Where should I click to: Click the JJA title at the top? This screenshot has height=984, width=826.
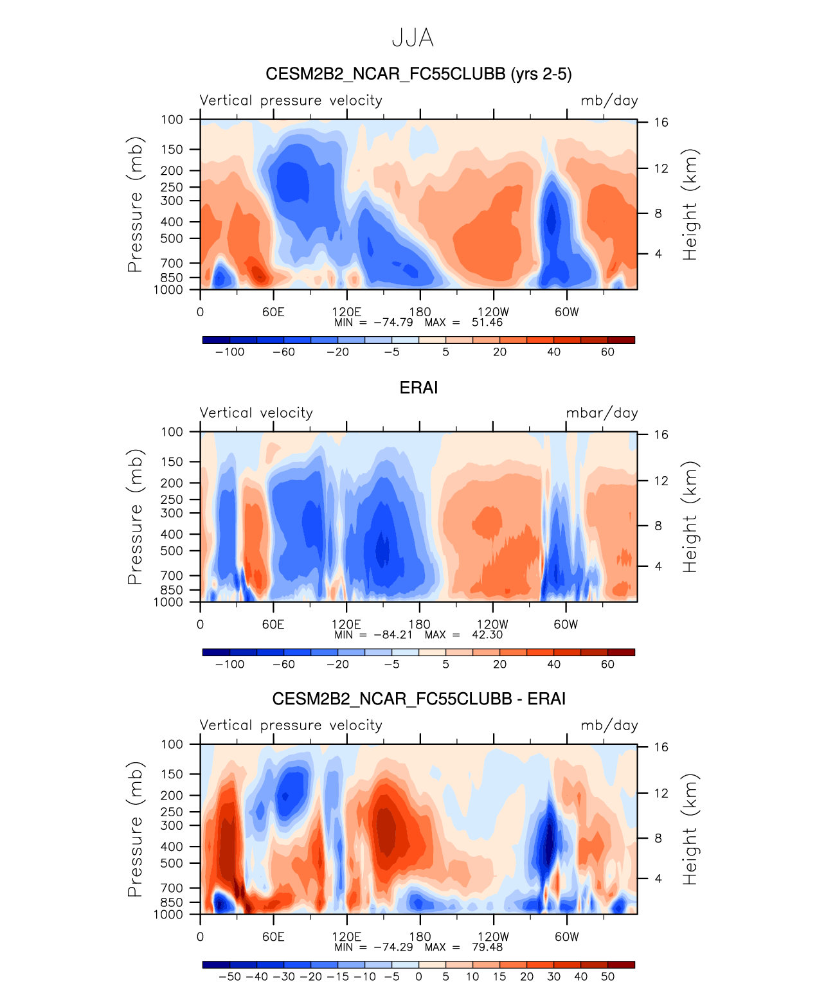pos(413,39)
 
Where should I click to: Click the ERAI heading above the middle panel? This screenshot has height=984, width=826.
pos(418,388)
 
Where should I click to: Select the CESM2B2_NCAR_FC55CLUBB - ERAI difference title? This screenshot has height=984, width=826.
pos(418,699)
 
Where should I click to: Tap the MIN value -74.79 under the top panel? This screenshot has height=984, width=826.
pos(393,323)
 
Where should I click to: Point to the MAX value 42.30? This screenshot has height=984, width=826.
pos(487,635)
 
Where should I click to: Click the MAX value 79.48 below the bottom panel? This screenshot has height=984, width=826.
pos(487,947)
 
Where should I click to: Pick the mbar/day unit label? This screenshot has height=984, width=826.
pos(602,413)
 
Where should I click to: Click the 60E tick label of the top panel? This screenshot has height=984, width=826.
pos(273,312)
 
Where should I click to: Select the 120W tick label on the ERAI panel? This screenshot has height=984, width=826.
pos(492,625)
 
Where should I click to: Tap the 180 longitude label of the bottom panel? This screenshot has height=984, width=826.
pos(420,937)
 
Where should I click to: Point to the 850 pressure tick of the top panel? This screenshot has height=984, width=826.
pos(172,278)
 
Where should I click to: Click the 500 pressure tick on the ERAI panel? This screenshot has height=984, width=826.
pos(172,551)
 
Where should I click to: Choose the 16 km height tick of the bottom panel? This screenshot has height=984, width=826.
pos(661,747)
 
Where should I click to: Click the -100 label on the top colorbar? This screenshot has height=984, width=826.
pos(229,352)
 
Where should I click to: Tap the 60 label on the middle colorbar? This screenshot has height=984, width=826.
pos(607,665)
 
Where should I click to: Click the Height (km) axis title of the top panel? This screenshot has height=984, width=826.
pos(690,204)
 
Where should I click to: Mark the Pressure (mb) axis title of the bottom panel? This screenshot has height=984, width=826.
pos(134,829)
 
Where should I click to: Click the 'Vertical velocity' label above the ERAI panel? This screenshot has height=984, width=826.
pos(256,413)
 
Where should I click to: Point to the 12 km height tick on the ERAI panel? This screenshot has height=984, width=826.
pos(661,481)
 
